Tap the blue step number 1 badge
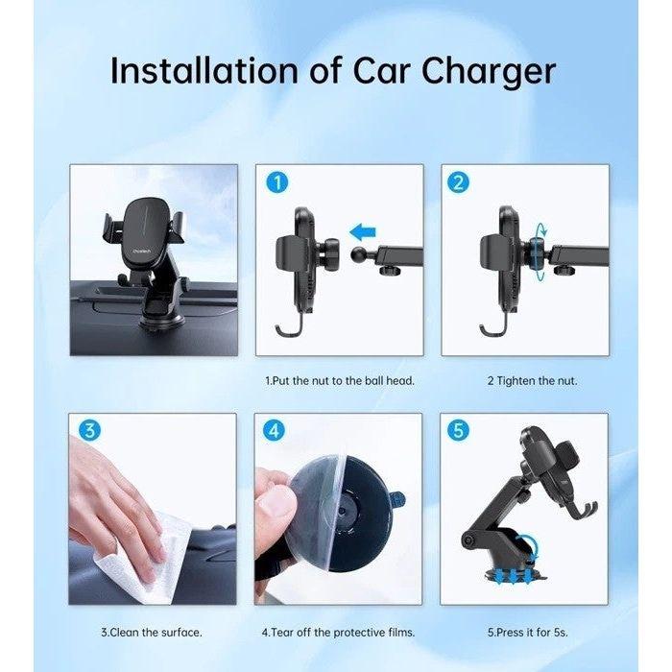click(275, 182)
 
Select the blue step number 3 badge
click(88, 431)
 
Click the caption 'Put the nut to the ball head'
click(339, 381)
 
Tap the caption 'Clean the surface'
click(152, 632)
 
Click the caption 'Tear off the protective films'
click(337, 632)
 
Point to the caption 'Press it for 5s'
click(524, 632)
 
